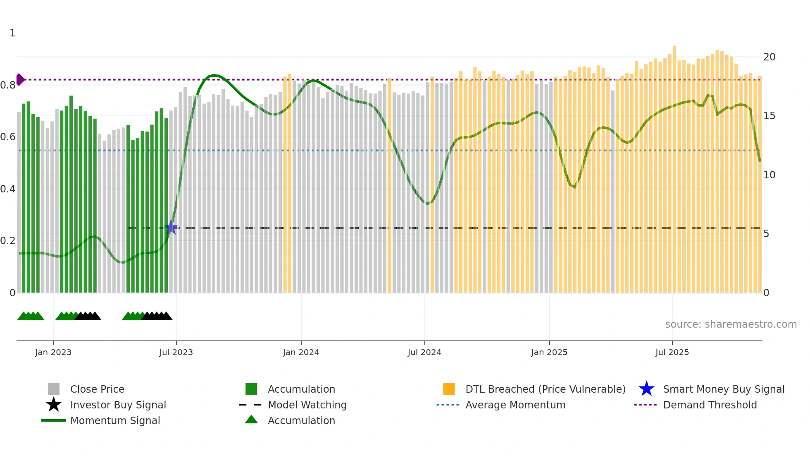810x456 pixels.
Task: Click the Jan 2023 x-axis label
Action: coord(53,352)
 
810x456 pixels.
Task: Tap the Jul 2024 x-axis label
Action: coord(424,352)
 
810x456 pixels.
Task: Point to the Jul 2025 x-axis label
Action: coord(672,352)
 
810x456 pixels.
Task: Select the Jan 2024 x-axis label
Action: coord(301,352)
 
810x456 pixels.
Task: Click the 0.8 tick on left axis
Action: coord(8,85)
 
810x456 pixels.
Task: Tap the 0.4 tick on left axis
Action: coord(8,189)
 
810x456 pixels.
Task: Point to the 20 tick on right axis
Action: coord(769,57)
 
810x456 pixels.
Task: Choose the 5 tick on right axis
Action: coord(766,234)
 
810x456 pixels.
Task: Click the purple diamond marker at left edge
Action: coord(20,79)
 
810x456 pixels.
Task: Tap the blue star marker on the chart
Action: coord(172,227)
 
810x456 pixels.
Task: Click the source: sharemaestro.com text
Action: coord(731,324)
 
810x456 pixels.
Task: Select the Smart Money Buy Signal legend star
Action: coord(646,389)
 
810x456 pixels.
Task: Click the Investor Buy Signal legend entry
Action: coord(118,405)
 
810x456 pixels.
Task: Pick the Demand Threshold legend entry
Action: coord(710,405)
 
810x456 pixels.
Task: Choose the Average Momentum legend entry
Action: coord(515,405)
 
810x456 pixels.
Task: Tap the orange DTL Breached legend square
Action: coord(449,389)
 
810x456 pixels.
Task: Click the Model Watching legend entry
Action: coord(307,405)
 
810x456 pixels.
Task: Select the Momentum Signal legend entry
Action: coord(115,420)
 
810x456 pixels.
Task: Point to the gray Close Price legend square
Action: coord(54,389)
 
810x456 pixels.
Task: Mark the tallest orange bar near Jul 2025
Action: coord(674,166)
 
